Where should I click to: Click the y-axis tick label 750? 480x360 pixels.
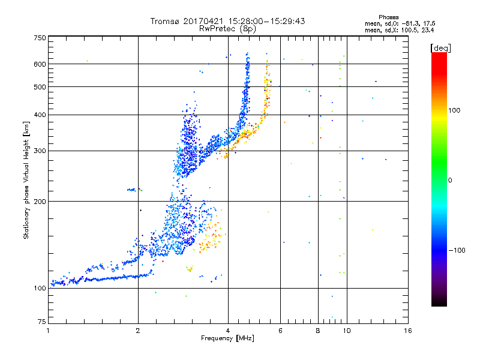click(x=39, y=38)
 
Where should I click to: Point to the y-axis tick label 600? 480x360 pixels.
click(x=39, y=64)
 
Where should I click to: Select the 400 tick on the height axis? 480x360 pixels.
click(x=39, y=115)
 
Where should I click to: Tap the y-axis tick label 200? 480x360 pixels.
click(x=39, y=201)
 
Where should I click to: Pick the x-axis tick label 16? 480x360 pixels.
click(x=407, y=331)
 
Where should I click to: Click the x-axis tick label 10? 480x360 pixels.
click(x=346, y=331)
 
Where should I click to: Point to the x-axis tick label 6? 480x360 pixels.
click(x=281, y=331)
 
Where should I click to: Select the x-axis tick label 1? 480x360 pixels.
click(x=48, y=331)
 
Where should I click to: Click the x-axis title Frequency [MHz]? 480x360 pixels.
click(x=227, y=339)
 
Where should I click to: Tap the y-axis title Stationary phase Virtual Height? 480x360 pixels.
click(x=26, y=181)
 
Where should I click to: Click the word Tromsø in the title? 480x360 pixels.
click(x=166, y=21)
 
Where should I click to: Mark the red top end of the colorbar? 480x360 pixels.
click(x=439, y=55)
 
